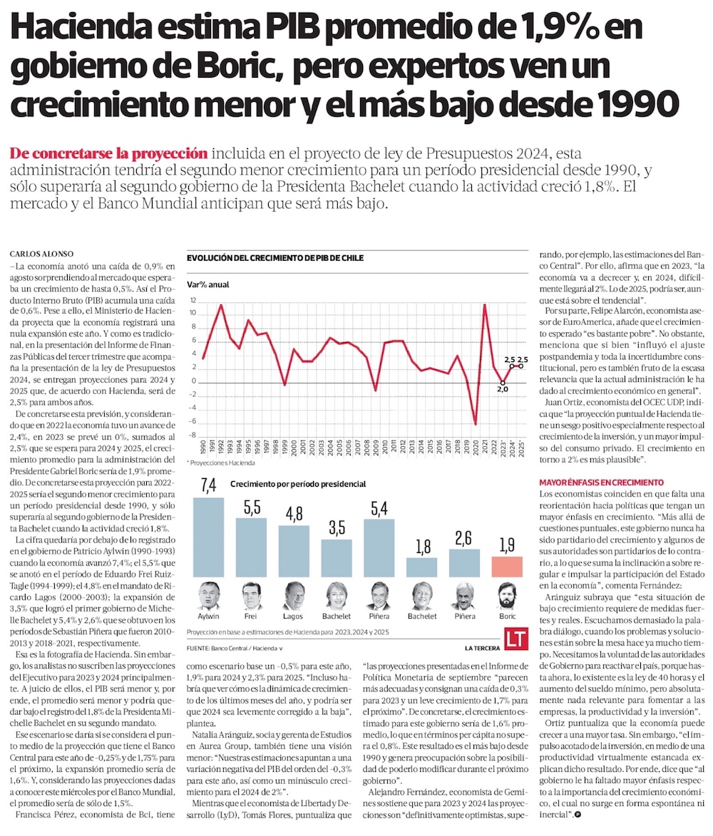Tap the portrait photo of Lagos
(x=294, y=596)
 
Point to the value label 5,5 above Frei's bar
(x=251, y=507)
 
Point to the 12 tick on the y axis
(x=193, y=301)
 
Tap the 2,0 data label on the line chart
(x=503, y=389)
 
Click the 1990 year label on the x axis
(x=204, y=449)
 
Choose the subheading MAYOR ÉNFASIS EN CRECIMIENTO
(x=601, y=482)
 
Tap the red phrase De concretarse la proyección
(x=109, y=153)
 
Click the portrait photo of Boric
(x=507, y=596)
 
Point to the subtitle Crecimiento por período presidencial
(x=298, y=484)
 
